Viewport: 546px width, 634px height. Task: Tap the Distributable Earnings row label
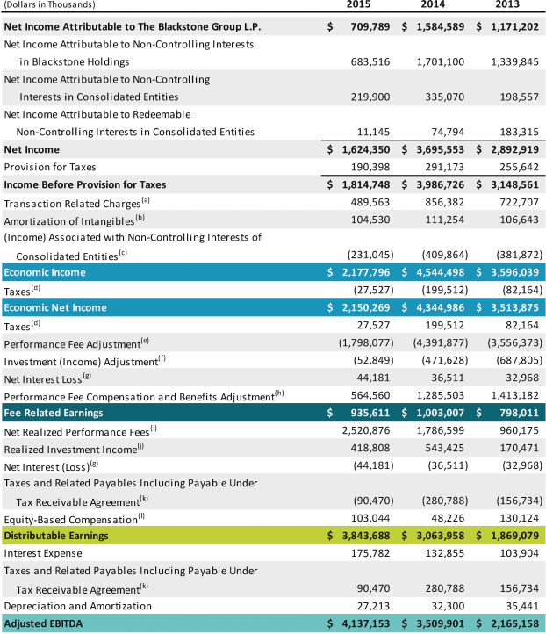point(56,536)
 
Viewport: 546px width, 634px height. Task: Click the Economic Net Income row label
point(55,307)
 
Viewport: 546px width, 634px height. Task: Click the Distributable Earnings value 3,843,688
point(367,536)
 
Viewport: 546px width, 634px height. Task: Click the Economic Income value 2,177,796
point(367,272)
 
